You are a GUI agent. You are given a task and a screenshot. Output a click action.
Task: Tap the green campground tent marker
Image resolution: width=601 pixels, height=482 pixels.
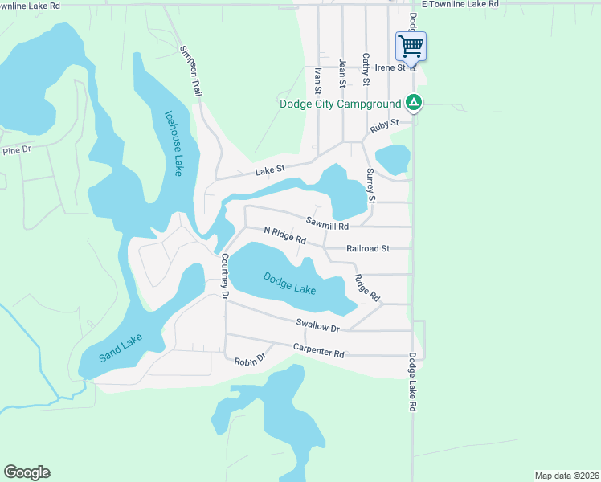point(413,103)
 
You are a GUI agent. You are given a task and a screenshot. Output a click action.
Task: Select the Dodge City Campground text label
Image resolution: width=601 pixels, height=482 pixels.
point(339,104)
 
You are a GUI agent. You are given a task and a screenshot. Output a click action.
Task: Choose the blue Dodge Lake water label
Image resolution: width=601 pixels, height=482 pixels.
point(290,284)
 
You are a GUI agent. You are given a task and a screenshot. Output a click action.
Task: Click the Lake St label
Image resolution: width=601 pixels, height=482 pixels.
point(271,170)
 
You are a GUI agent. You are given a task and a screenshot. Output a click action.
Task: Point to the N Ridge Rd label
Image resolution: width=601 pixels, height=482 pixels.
point(285,235)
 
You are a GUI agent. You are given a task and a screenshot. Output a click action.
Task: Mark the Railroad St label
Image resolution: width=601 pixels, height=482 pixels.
point(368,249)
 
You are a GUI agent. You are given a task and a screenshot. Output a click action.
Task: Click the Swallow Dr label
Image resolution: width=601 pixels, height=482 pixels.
point(318,325)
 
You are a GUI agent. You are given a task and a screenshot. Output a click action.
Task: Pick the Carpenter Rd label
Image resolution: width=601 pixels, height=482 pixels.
point(318,351)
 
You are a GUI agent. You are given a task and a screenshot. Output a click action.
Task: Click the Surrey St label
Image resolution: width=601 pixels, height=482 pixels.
point(370,185)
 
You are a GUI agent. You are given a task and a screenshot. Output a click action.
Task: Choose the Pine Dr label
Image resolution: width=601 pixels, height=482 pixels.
point(16,150)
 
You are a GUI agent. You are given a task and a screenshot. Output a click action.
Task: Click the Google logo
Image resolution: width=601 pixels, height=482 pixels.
point(27,472)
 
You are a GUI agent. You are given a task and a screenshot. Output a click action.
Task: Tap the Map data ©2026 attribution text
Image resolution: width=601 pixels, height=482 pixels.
point(566,475)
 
